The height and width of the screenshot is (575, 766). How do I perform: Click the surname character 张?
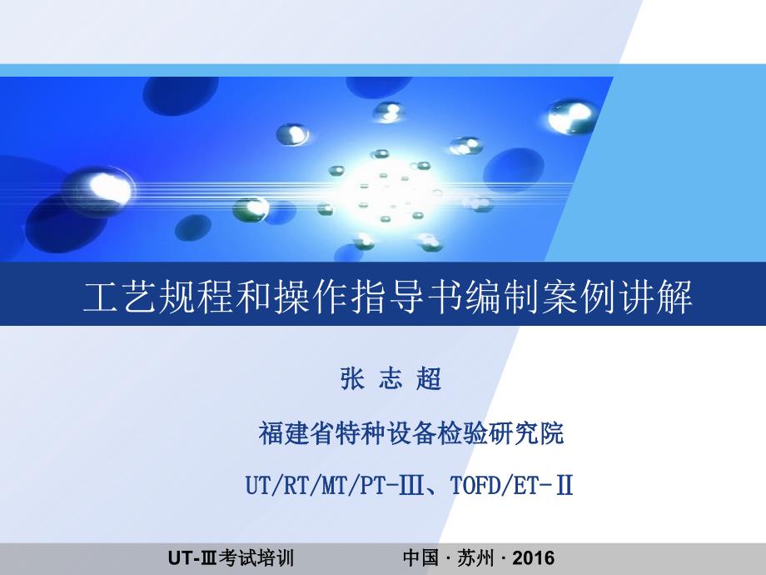[x=352, y=379]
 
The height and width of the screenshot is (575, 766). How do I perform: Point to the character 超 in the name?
[x=429, y=379]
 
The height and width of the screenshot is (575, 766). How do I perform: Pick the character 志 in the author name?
[x=390, y=379]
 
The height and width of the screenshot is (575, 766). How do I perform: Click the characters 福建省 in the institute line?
[x=296, y=432]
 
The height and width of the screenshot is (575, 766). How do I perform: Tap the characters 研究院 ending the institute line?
[x=525, y=432]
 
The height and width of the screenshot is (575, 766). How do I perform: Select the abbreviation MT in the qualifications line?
[x=334, y=485]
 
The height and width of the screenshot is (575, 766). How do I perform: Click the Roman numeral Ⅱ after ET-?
[x=565, y=485]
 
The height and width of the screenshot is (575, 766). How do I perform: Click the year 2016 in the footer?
[x=534, y=557]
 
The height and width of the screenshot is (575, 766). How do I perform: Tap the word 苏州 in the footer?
[x=475, y=557]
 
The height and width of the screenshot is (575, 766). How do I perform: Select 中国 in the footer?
[x=421, y=557]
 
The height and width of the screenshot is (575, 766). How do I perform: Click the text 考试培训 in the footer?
[x=256, y=557]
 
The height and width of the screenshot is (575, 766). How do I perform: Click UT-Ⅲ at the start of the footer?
[x=192, y=557]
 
